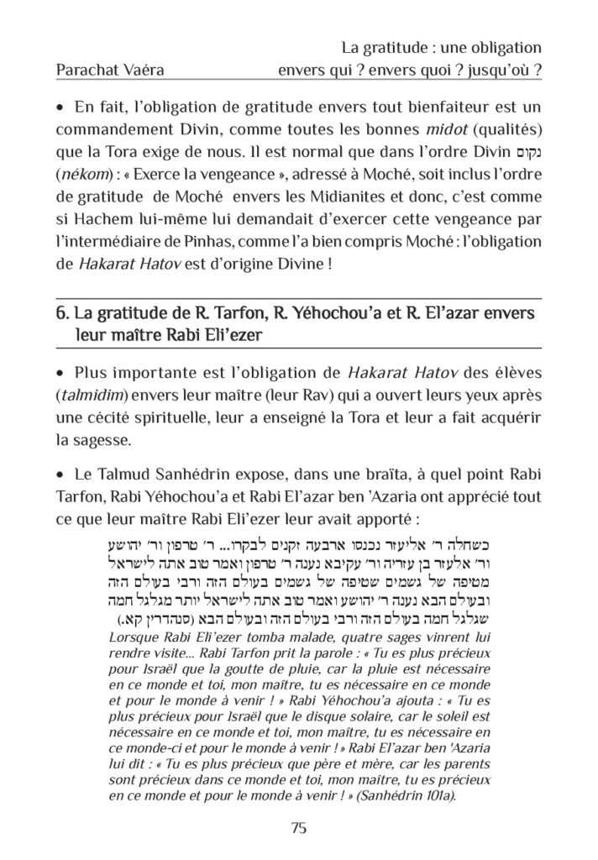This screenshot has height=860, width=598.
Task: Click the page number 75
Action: tap(299, 828)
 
